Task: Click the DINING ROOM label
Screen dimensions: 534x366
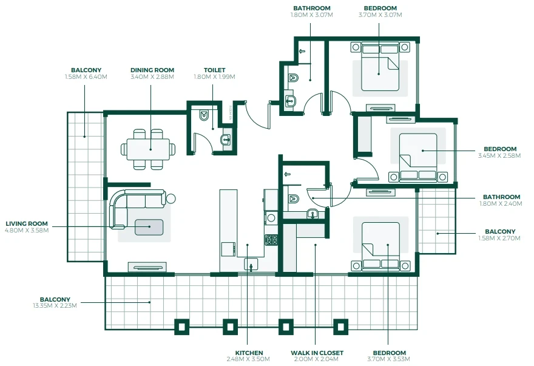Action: (x=152, y=70)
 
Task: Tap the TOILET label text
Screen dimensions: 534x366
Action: (x=215, y=70)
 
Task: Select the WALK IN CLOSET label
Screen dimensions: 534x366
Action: (x=317, y=353)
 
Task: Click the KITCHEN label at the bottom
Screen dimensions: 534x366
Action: (x=249, y=353)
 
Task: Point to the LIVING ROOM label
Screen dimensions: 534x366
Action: (x=27, y=224)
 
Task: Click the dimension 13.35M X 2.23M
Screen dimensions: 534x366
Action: (x=55, y=306)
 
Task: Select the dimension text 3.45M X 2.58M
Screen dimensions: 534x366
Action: (x=499, y=156)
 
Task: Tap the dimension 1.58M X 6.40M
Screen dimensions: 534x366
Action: (x=86, y=77)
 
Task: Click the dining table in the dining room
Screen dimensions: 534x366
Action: (x=148, y=149)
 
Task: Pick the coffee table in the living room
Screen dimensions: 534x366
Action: (x=149, y=227)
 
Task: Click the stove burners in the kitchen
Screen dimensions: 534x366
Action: (x=271, y=240)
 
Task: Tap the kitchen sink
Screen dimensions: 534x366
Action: (x=251, y=265)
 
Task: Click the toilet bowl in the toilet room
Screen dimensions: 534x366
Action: (x=204, y=115)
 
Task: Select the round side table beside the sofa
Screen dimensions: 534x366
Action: (x=171, y=198)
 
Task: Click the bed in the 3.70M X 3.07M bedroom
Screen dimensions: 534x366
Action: (x=380, y=67)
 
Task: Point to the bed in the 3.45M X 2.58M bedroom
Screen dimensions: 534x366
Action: (x=418, y=157)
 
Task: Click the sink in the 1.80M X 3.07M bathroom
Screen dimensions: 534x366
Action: (x=291, y=101)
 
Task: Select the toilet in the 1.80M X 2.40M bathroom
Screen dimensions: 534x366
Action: (x=293, y=198)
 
